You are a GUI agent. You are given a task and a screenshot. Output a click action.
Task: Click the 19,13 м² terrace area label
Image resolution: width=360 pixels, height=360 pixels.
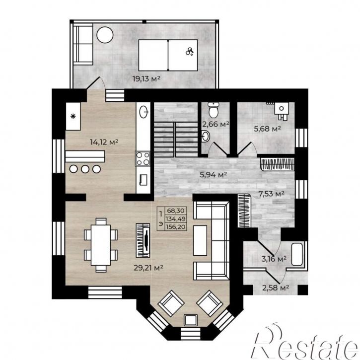tap(146, 79)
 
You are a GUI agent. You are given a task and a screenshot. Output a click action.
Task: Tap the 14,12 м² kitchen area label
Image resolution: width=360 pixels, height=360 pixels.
tap(104, 142)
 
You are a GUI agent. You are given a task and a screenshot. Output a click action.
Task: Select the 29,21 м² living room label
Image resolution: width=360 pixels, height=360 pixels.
tap(148, 268)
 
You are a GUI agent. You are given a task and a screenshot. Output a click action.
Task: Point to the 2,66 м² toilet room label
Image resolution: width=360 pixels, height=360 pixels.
tap(216, 125)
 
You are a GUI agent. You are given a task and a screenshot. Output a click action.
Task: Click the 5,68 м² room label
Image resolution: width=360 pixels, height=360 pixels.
tap(268, 129)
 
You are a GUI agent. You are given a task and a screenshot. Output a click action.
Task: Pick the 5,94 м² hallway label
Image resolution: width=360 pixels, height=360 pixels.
tap(214, 175)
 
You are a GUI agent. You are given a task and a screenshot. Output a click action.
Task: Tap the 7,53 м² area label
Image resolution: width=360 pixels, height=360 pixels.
tap(272, 194)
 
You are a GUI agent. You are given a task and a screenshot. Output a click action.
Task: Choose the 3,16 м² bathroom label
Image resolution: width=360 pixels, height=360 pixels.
tap(274, 259)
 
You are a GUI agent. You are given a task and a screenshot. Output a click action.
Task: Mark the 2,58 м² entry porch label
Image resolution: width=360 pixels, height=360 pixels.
tap(276, 288)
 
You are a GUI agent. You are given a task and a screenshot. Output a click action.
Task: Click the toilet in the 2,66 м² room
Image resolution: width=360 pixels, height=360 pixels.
tap(214, 110)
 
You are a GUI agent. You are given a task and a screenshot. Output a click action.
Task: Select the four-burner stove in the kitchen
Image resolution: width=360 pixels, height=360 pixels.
tap(143, 158)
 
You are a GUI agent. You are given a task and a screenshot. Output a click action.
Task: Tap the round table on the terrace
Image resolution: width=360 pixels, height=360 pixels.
tap(105, 35)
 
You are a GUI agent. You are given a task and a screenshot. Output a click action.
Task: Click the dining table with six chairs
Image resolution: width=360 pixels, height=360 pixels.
tap(101, 245)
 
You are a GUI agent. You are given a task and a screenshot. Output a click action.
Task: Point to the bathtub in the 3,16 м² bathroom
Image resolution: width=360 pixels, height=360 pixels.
tap(297, 254)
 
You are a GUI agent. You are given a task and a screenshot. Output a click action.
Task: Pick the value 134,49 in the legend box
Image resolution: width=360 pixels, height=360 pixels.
tap(176, 219)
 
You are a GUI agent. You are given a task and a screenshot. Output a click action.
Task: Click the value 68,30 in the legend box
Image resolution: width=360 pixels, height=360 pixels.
tap(176, 211)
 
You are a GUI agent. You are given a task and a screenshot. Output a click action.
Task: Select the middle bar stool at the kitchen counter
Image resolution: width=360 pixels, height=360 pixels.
tap(85, 169)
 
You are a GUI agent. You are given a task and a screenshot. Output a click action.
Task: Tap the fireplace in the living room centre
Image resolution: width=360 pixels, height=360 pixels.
tap(144, 240)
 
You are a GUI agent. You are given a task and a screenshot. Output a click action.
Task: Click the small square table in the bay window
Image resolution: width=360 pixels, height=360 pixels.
tap(191, 320)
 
